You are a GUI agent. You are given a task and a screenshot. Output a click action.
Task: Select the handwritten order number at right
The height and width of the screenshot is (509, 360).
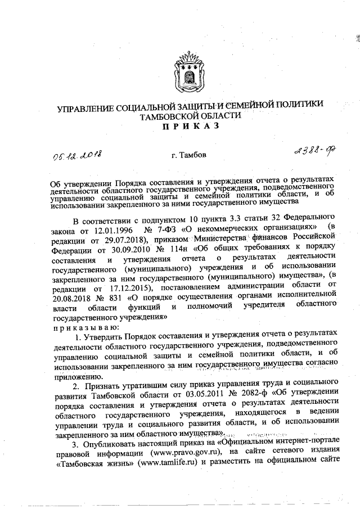click(312, 151)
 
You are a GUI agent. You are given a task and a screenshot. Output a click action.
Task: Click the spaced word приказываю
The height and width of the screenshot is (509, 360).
click(85, 328)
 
